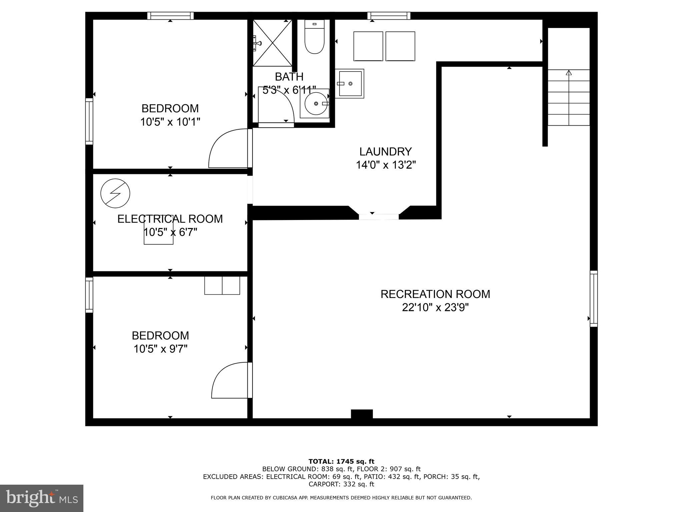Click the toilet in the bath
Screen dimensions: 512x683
coord(314,37)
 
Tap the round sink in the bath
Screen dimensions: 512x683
coord(314,104)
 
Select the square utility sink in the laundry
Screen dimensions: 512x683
coord(350,84)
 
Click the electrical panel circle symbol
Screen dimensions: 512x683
coord(115,193)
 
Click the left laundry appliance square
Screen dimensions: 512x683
coord(368,46)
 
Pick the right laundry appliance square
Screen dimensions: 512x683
coord(400,46)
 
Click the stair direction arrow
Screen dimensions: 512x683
coord(569,73)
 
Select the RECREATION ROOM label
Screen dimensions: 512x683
coord(435,294)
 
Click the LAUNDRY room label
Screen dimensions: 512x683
coord(386,152)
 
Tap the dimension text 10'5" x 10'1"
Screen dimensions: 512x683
coord(170,122)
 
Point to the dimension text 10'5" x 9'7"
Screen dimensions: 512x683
coord(160,349)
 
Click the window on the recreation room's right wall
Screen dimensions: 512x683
coord(594,299)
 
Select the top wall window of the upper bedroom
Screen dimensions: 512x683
coord(170,16)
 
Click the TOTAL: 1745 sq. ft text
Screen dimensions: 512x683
coord(341,461)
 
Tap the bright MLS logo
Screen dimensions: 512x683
coord(41,498)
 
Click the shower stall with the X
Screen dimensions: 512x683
coord(272,42)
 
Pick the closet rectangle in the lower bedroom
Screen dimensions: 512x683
coord(222,286)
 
